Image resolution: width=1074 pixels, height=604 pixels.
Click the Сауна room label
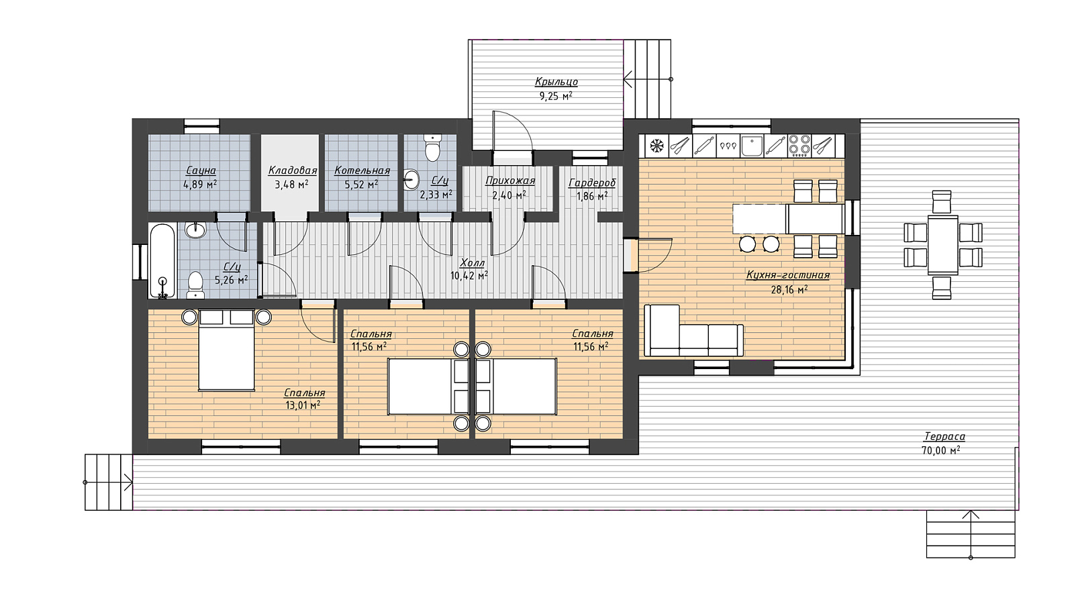201,170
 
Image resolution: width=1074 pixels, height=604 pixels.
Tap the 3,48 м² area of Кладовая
291,184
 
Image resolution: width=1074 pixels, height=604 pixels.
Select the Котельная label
362,170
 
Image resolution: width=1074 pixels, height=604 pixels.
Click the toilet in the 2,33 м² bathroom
433,148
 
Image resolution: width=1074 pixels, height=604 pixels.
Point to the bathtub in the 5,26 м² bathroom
163,261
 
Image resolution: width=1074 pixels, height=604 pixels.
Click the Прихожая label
510,181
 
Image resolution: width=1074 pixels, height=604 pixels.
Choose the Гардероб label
592,183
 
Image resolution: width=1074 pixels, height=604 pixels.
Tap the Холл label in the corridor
473,262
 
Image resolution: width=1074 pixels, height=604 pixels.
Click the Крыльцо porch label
556,82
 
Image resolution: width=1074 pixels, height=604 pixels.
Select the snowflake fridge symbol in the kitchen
656,146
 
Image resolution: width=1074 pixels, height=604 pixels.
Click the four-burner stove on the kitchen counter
799,146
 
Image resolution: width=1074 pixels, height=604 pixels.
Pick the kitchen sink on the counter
752,146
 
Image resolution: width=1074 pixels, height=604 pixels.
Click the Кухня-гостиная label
788,276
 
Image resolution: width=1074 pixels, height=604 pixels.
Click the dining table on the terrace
942,245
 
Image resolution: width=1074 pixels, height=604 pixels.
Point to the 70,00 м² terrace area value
940,450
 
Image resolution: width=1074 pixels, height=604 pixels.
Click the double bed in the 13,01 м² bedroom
226,350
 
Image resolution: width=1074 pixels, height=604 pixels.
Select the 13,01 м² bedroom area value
303,405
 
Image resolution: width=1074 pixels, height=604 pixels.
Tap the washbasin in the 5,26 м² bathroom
195,231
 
